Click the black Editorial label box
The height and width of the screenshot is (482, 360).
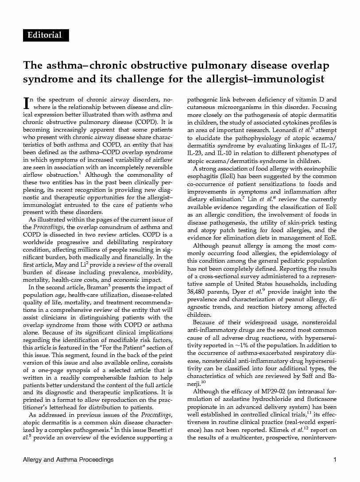[x=46, y=35]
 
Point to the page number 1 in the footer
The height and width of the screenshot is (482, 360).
[x=335, y=460]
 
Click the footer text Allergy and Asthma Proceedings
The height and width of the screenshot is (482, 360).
[x=68, y=460]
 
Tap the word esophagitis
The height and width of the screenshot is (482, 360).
[x=202, y=177]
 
